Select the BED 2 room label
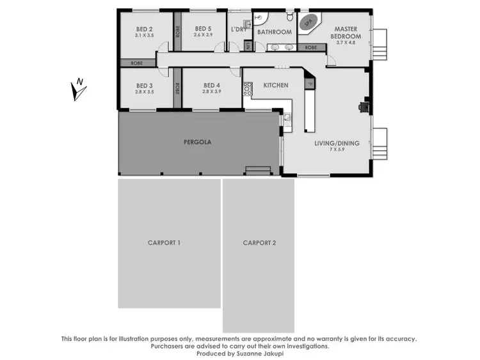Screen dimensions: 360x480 pos(145,29)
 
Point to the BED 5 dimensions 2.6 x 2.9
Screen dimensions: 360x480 pos(203,36)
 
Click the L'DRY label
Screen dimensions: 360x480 pos(239,30)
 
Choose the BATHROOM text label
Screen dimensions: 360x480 pos(274,32)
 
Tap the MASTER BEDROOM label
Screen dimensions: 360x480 pos(346,33)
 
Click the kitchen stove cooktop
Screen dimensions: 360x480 pos(247,90)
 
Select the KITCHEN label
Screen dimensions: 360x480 pos(275,85)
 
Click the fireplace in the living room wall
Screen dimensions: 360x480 pos(364,107)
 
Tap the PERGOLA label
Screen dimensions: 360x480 pos(197,142)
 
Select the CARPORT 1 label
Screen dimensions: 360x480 pos(164,242)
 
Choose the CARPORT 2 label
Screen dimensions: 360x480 pos(259,242)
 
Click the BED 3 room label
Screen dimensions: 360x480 pos(145,86)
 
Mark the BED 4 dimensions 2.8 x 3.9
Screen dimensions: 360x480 pos(211,92)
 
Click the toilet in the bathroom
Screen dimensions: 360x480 pos(289,16)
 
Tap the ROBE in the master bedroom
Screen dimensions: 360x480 pos(311,47)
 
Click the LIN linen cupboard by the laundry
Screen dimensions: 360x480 pos(248,46)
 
